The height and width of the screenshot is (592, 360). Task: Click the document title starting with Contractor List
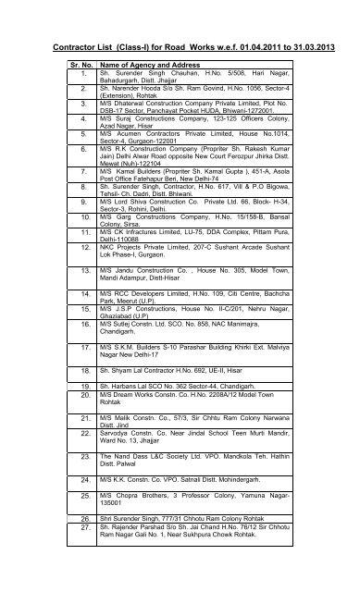[x=180, y=44]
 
